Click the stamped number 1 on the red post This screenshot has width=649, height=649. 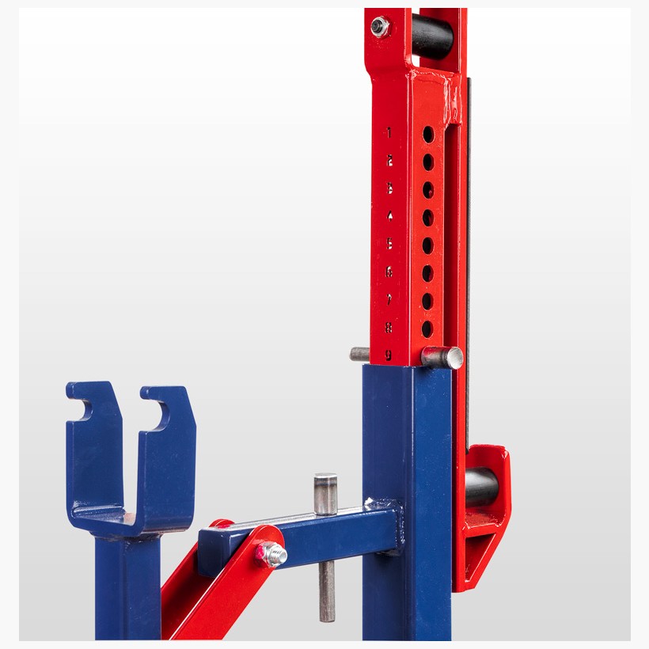[389, 132]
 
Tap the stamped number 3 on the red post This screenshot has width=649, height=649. [389, 188]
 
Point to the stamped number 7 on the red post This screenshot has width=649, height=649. [389, 298]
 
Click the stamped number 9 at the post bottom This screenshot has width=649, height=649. [389, 355]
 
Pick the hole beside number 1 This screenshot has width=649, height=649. [428, 134]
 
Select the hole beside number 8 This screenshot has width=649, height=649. [428, 328]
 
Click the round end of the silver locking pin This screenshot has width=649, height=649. [453, 358]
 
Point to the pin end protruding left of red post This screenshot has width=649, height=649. [359, 354]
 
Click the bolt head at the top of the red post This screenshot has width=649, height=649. [381, 27]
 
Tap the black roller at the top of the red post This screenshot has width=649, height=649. [431, 36]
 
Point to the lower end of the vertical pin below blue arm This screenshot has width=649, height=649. [326, 614]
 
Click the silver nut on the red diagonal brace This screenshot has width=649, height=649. [274, 554]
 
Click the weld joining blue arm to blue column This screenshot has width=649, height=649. [385, 507]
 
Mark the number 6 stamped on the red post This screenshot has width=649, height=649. [389, 271]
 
